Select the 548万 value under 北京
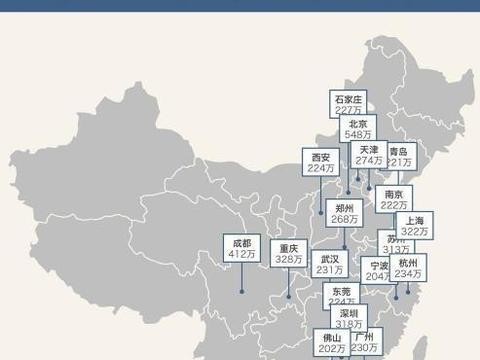point(358,134)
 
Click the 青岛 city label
point(399,151)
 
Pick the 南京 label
point(393,194)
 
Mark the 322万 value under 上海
point(416,231)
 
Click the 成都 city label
point(241,243)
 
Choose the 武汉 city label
point(329,258)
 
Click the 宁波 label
point(380,266)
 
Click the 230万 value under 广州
point(363,348)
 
